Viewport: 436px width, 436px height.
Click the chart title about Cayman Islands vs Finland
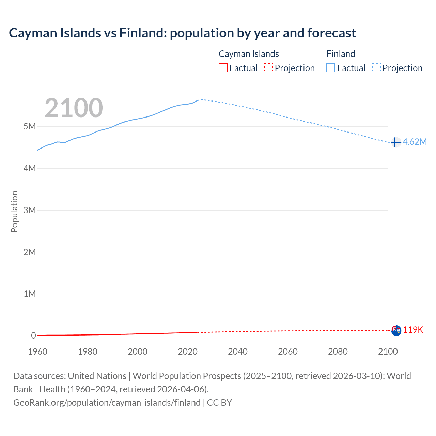(x=182, y=33)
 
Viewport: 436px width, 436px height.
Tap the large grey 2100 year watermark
(x=74, y=108)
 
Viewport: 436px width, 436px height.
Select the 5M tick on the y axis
(x=30, y=126)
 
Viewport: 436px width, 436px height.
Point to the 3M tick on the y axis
(x=30, y=210)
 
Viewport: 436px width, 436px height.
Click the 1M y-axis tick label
(x=30, y=294)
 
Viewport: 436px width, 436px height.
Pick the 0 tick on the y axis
(x=33, y=336)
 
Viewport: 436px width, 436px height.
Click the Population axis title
(x=14, y=212)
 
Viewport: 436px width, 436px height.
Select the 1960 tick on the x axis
(x=37, y=352)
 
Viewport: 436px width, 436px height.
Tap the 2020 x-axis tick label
(x=188, y=352)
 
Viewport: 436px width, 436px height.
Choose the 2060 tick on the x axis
(x=288, y=352)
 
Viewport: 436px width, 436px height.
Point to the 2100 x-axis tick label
(x=388, y=352)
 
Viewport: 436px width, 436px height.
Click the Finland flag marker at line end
(x=395, y=142)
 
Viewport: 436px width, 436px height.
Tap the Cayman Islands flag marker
(x=396, y=330)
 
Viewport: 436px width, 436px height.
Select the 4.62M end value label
(x=415, y=142)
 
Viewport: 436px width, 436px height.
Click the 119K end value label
(x=413, y=330)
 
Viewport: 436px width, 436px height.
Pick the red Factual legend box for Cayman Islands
(x=223, y=68)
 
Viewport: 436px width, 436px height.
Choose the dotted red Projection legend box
(x=268, y=68)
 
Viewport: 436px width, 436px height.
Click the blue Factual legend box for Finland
(x=331, y=68)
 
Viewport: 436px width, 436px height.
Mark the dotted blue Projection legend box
(x=376, y=68)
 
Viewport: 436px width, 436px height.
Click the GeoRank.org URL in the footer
(x=107, y=403)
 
